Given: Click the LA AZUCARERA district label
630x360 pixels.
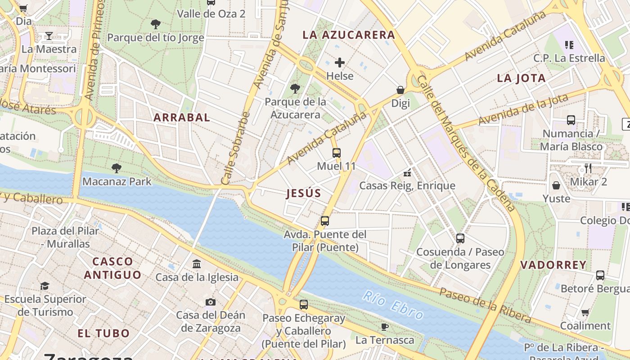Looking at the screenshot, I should coord(349,35).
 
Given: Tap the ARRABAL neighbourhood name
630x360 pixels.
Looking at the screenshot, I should coord(182,117).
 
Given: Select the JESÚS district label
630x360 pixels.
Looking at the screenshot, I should coord(304,193).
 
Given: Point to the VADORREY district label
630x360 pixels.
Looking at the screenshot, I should coord(553,265).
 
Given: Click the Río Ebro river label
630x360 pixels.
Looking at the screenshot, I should coord(393,305).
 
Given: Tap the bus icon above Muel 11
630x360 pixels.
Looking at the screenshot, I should coord(337,153).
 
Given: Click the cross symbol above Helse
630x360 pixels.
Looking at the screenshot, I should coord(340,63).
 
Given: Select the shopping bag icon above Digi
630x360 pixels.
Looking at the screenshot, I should coord(400,90).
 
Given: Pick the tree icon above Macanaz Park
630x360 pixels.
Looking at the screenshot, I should coord(117,168).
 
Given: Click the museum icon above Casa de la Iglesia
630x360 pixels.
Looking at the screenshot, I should coord(197,264).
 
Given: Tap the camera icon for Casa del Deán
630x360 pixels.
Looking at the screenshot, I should coord(211,302).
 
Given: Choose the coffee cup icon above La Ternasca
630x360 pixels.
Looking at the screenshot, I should coord(385,327).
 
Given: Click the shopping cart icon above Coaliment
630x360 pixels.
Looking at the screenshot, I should coord(585,312).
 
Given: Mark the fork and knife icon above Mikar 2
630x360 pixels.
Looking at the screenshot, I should coord(588,168).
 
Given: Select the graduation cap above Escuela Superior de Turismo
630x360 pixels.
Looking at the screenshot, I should coord(45,286).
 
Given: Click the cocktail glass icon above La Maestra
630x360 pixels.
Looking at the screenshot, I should coord(49,36).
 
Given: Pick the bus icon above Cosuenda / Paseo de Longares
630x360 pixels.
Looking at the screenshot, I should coord(460,238).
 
